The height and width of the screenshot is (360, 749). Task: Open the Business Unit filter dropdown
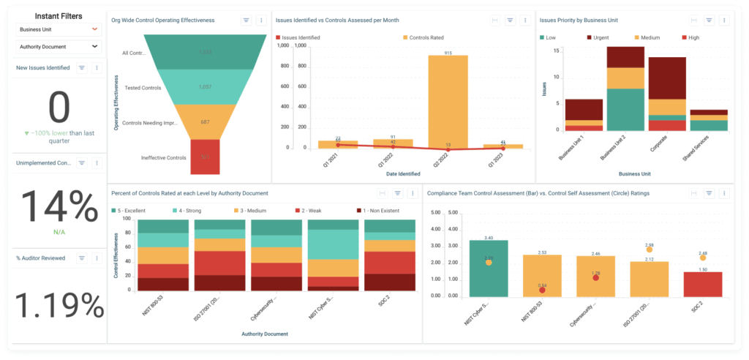tap(59, 29)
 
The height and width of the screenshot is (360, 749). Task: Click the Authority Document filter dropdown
tap(59, 47)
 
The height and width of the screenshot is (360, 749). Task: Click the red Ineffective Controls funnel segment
tap(205, 157)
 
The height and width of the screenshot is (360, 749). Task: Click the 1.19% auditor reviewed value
tap(59, 304)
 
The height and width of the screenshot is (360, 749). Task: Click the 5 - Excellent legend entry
tap(132, 210)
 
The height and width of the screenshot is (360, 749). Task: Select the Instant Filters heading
tap(59, 15)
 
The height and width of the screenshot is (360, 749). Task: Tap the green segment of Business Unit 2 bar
tap(625, 109)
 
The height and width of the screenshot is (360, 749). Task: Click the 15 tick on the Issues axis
tap(557, 50)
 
